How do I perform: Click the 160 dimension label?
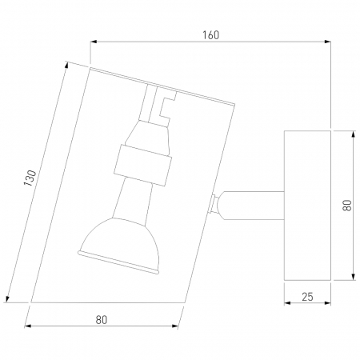210,35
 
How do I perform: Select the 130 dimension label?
30,178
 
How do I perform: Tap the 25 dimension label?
307,297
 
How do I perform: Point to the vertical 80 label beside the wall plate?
347,206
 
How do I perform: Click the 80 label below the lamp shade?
102,320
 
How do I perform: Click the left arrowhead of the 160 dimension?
94,42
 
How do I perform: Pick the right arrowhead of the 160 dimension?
328,42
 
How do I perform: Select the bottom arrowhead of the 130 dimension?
7,299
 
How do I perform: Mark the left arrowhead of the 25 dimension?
287,302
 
